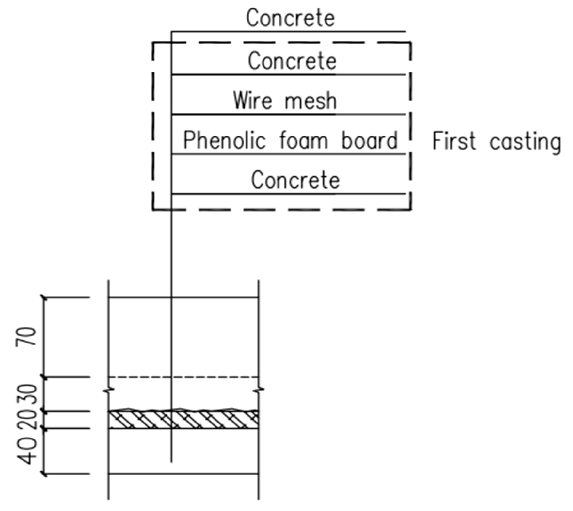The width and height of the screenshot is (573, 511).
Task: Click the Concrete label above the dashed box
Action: click(x=290, y=18)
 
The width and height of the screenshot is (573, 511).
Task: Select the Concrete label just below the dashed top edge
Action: click(x=292, y=61)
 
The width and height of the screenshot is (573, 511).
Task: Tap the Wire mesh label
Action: click(x=285, y=101)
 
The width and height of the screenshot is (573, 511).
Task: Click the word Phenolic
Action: click(x=224, y=141)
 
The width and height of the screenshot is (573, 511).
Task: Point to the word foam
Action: click(x=303, y=141)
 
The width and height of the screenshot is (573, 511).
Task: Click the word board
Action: click(x=369, y=141)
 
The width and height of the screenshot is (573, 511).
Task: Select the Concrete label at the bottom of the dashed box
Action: click(x=295, y=180)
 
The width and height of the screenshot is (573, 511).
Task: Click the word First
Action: click(x=454, y=141)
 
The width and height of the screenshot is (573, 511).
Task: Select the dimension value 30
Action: click(x=28, y=394)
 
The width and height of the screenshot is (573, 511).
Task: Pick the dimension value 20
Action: click(x=28, y=419)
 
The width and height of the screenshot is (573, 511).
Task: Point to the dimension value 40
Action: click(x=27, y=451)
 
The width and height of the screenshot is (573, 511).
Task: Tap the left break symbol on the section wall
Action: click(x=109, y=390)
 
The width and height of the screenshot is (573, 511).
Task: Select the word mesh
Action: click(x=310, y=101)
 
